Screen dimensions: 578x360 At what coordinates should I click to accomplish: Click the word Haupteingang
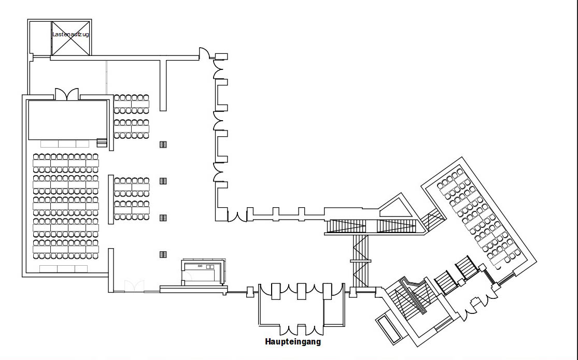click(x=293, y=342)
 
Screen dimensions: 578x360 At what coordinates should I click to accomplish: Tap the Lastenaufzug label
click(x=71, y=34)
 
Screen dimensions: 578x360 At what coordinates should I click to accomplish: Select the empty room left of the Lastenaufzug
click(x=40, y=38)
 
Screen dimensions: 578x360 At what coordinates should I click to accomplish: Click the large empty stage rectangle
click(x=67, y=120)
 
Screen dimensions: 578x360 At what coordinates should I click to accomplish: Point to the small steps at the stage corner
click(x=102, y=142)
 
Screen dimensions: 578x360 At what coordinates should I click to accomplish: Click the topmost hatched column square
click(x=163, y=145)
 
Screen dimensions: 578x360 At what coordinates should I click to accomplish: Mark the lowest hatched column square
click(x=163, y=254)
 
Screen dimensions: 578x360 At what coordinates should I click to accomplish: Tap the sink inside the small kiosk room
click(x=200, y=266)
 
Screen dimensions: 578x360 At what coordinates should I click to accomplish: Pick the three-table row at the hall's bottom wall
click(x=63, y=269)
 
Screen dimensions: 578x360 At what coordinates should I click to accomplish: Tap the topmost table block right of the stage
click(x=131, y=104)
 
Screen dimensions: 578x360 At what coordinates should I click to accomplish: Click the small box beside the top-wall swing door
click(x=221, y=56)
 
